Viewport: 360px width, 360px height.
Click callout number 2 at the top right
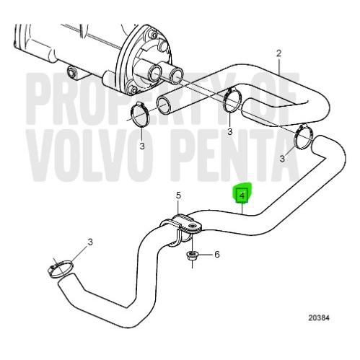pyautogui.click(x=278, y=53)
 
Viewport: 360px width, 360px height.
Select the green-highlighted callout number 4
pyautogui.click(x=242, y=196)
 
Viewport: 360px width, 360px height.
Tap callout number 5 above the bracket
pyautogui.click(x=178, y=196)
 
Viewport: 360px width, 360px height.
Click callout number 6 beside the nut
pyautogui.click(x=217, y=254)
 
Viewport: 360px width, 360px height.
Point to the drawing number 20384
pyautogui.click(x=319, y=318)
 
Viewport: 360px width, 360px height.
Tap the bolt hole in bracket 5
pyautogui.click(x=192, y=226)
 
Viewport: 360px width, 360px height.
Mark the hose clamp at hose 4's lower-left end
pyautogui.click(x=60, y=268)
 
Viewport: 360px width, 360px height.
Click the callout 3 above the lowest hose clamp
pyautogui.click(x=90, y=242)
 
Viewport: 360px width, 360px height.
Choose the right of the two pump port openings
pyautogui.click(x=177, y=74)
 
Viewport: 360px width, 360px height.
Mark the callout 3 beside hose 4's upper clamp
pyautogui.click(x=282, y=159)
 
